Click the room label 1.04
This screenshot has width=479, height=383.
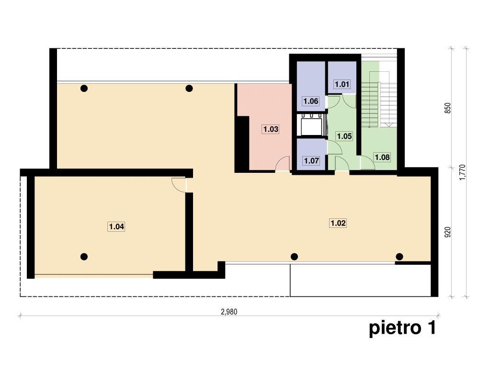(116, 226)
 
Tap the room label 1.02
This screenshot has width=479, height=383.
(338, 223)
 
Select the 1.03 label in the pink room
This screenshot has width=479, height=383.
(271, 129)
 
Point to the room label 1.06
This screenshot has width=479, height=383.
(311, 101)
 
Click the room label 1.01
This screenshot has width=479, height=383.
(342, 84)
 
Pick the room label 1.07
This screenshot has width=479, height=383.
(311, 161)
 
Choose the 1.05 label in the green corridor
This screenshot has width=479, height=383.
(344, 136)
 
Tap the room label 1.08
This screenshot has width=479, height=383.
(382, 158)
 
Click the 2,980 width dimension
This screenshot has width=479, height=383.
(229, 312)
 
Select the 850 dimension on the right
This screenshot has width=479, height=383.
(447, 108)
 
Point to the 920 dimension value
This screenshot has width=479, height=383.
(447, 232)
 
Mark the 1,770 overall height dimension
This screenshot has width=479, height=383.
(463, 172)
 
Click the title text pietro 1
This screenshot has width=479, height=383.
(402, 328)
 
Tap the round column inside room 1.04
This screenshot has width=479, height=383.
(84, 257)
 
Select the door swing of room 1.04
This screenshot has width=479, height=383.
(179, 185)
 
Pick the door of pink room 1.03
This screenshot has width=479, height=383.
(283, 163)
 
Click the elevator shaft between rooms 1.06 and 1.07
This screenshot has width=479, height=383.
(311, 125)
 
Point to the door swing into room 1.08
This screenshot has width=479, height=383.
(368, 162)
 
